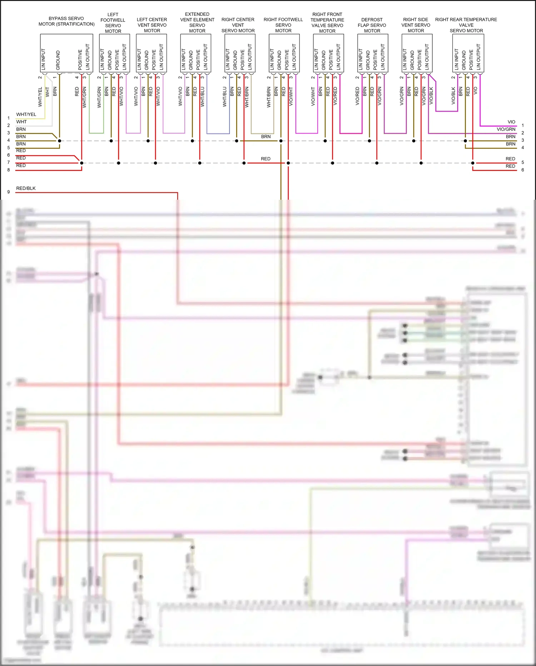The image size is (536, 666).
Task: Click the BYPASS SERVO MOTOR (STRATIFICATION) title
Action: pos(66,21)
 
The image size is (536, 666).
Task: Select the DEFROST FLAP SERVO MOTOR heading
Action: pos(372,25)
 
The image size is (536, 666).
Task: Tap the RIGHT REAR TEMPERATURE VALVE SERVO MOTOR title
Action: pos(466,25)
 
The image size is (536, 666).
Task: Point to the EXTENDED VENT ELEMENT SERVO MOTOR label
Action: pos(197,23)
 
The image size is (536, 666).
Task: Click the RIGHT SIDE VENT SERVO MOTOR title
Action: pos(416,25)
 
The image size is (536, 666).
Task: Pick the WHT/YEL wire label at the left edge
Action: pos(26,115)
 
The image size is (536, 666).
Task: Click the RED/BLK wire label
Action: pos(26,188)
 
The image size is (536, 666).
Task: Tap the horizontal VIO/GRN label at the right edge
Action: pos(506,129)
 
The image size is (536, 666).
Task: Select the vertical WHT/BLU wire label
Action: pos(225,97)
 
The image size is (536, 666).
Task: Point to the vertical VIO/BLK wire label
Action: pos(453,96)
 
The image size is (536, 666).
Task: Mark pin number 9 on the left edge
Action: pos(9,192)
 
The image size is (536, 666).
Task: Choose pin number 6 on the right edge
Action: pos(523,170)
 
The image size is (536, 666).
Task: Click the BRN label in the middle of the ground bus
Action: pos(266,137)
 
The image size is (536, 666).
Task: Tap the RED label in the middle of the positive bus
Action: pos(265,159)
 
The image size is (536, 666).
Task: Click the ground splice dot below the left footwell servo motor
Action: pos(111,141)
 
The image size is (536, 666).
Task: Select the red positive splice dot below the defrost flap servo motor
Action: pos(377,163)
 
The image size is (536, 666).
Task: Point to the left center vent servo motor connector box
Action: pos(151,53)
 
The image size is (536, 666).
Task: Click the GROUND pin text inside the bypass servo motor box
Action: pos(58,60)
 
